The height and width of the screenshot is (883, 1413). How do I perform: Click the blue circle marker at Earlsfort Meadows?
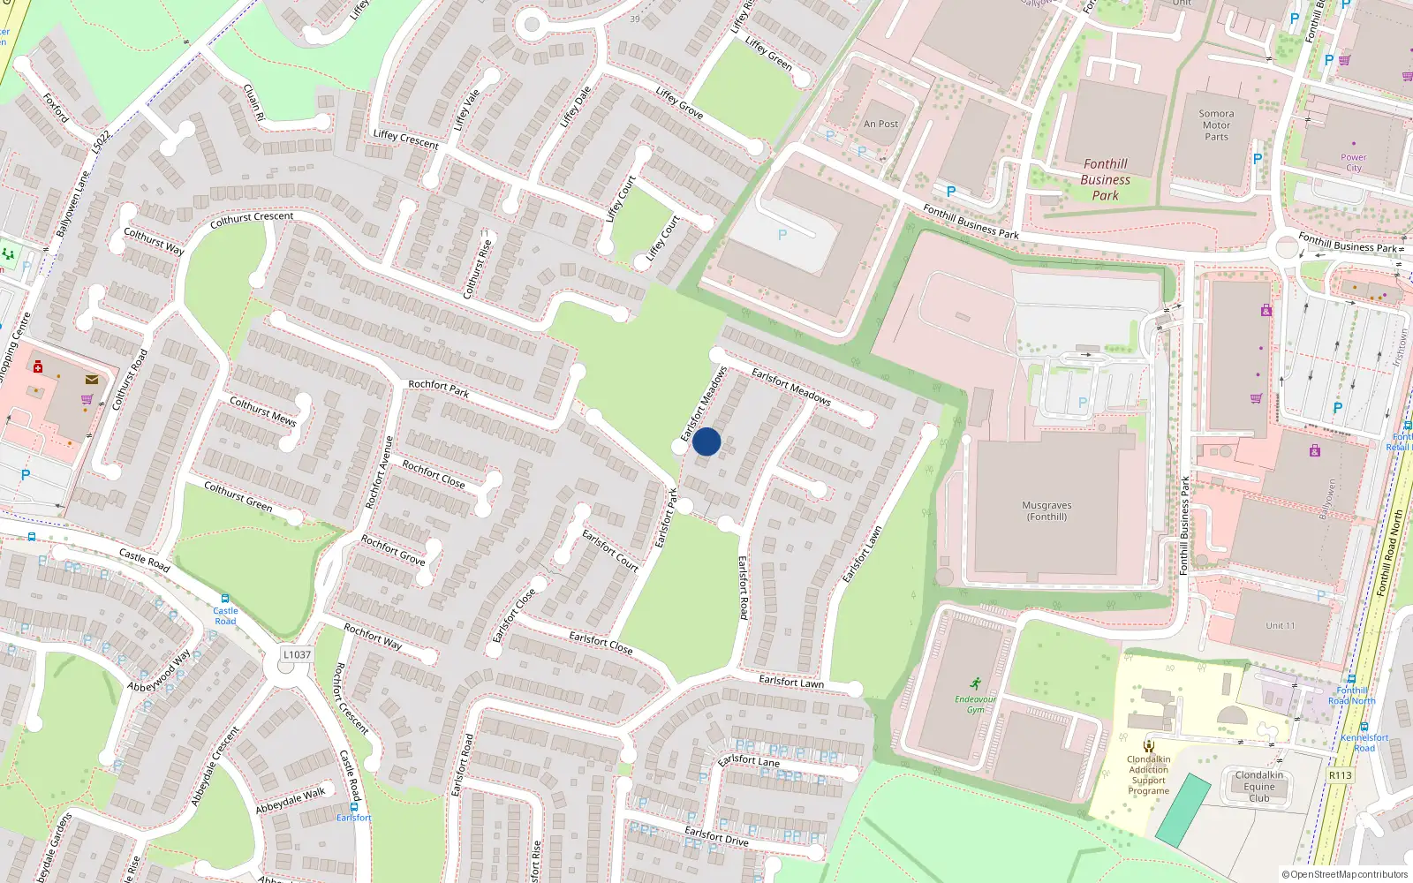706,441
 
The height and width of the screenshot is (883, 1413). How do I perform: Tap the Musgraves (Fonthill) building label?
1047,511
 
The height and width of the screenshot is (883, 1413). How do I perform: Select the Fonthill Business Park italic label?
1105,179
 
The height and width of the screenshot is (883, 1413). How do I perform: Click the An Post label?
880,125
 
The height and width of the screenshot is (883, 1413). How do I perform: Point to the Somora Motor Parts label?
1216,125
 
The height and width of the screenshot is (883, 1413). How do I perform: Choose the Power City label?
1353,162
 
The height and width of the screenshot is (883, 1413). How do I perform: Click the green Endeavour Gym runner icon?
975,683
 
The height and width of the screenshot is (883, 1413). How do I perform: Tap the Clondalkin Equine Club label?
1258,786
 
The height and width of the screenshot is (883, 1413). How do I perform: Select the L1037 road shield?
297,654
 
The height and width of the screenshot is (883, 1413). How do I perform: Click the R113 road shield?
1340,775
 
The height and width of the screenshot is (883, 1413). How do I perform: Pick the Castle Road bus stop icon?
224,598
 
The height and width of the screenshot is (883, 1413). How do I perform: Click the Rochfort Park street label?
438,389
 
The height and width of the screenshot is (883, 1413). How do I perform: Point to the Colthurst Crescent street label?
252,219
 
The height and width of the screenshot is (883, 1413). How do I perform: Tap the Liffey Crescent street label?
405,139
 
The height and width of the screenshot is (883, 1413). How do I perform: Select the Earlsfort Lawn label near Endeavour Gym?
791,682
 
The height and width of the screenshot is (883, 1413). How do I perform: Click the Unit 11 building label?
1280,625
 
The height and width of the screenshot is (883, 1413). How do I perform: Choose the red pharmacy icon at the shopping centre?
38,366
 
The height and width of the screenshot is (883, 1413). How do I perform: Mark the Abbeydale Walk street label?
291,801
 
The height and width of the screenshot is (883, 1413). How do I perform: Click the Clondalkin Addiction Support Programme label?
1148,774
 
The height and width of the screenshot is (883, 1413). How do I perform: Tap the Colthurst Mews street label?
262,411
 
